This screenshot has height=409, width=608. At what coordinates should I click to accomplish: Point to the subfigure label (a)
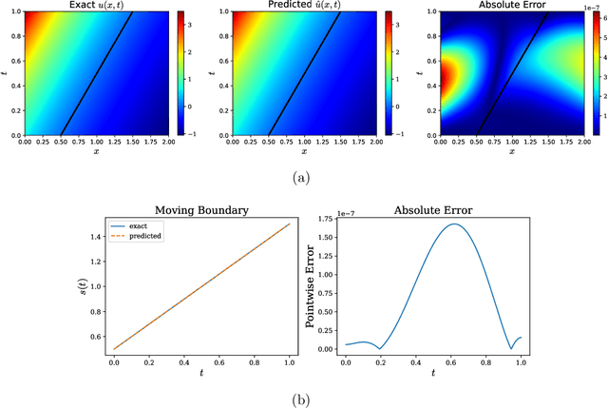coord(303,176)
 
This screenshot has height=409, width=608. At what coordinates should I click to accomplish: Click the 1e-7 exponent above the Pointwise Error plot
coord(351,212)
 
